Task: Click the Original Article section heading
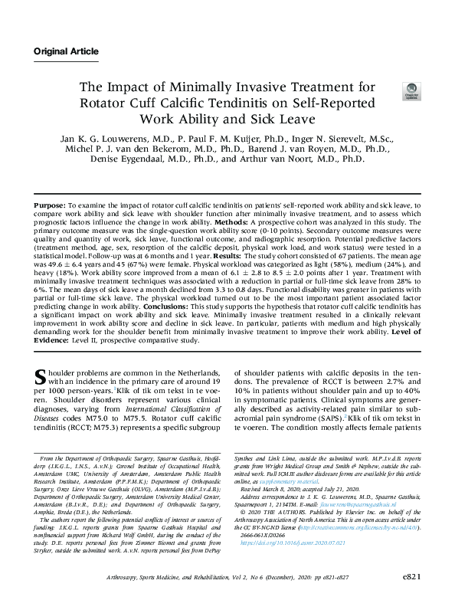pos(66,51)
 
